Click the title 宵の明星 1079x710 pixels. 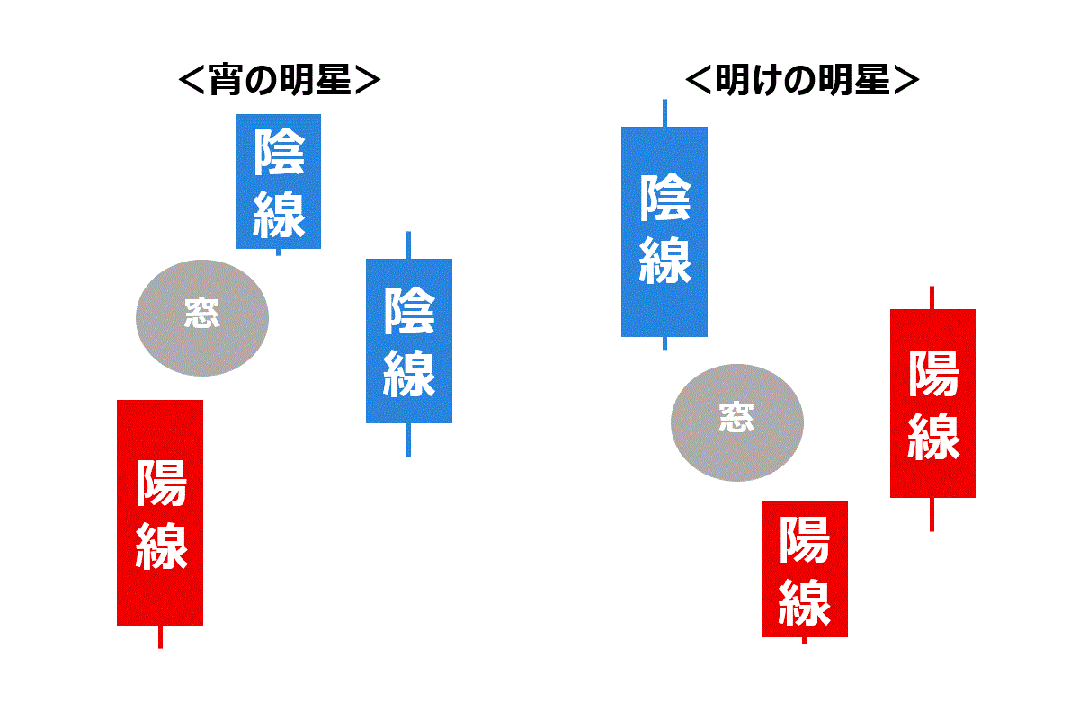point(280,81)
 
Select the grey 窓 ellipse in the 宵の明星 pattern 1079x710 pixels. point(202,317)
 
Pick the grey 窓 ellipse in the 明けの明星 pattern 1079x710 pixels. point(737,422)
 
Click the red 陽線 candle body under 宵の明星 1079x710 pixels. point(160,512)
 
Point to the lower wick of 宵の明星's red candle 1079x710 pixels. point(160,636)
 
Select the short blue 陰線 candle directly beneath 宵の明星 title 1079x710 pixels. point(278,182)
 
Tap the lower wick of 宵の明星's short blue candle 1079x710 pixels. point(278,252)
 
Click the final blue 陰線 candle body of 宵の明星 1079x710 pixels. point(409,341)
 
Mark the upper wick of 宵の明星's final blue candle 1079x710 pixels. point(409,245)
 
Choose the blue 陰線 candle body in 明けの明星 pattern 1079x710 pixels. point(664,232)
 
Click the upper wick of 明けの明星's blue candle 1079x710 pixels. point(664,113)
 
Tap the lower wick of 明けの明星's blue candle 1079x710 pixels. point(664,342)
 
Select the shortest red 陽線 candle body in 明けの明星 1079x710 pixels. point(804,569)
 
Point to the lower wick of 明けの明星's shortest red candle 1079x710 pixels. point(804,640)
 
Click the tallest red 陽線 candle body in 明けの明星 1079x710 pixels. point(932,403)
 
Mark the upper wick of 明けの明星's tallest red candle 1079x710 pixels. point(932,297)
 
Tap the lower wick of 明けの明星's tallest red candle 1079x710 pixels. point(932,514)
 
